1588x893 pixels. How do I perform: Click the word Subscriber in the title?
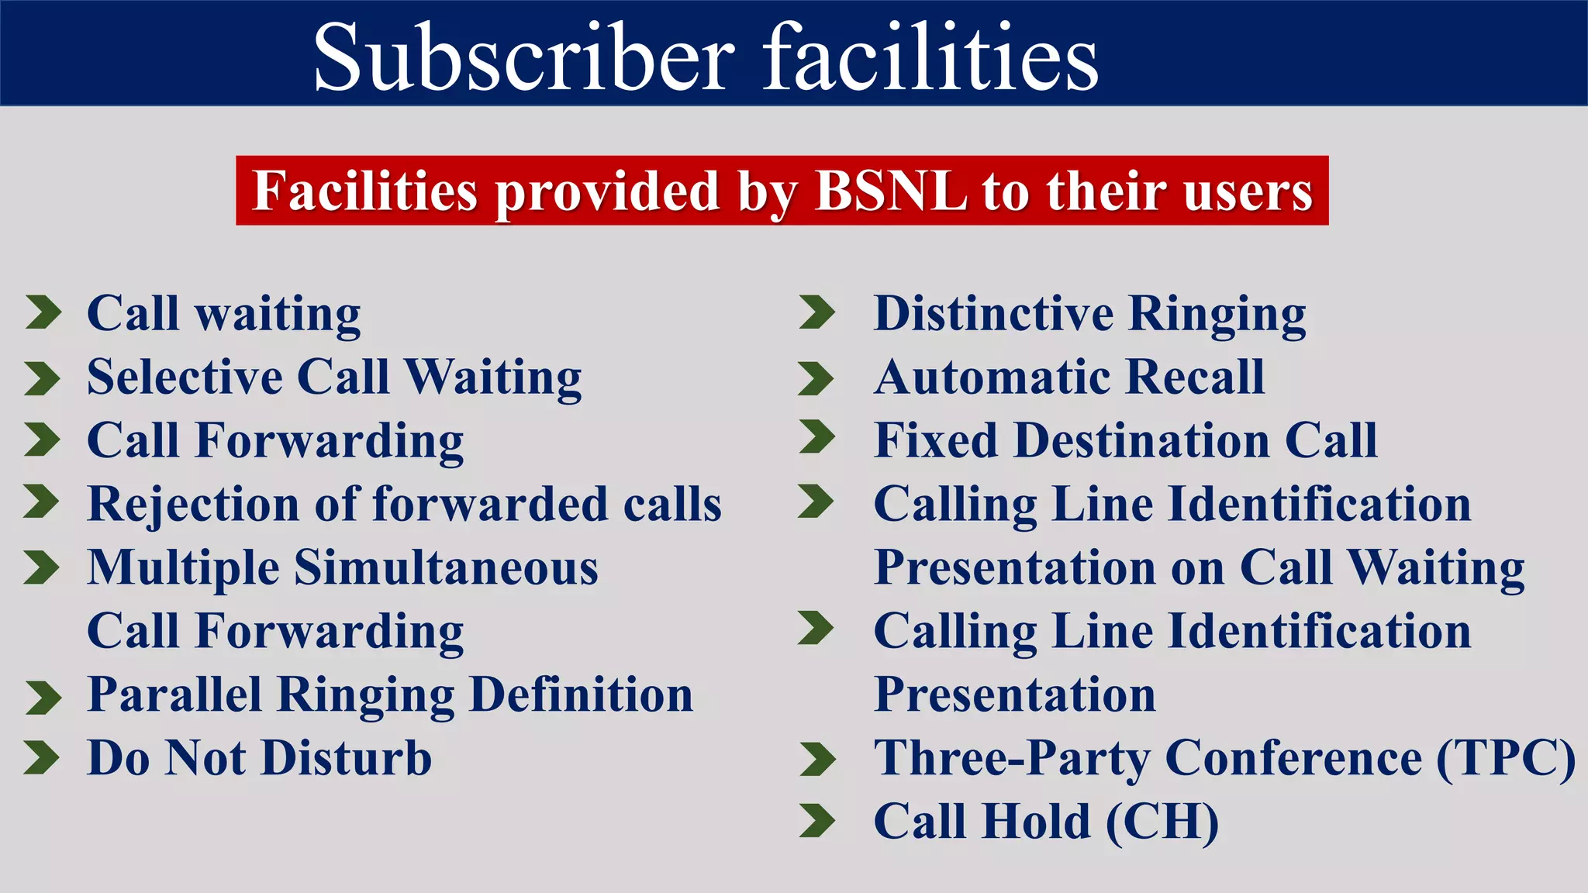tap(524, 57)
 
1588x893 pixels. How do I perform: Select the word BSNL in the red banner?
tap(890, 191)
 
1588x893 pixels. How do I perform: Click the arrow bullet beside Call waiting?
tap(43, 312)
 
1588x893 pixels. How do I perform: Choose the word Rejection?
tap(194, 505)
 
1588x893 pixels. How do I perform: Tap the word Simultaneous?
tap(446, 567)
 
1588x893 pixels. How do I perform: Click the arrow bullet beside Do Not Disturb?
tap(41, 758)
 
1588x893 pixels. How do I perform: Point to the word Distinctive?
tap(993, 314)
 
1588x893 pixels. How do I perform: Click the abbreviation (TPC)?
tap(1506, 758)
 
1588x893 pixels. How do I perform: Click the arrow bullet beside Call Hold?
tap(817, 822)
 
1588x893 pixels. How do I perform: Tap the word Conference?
tap(1293, 758)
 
